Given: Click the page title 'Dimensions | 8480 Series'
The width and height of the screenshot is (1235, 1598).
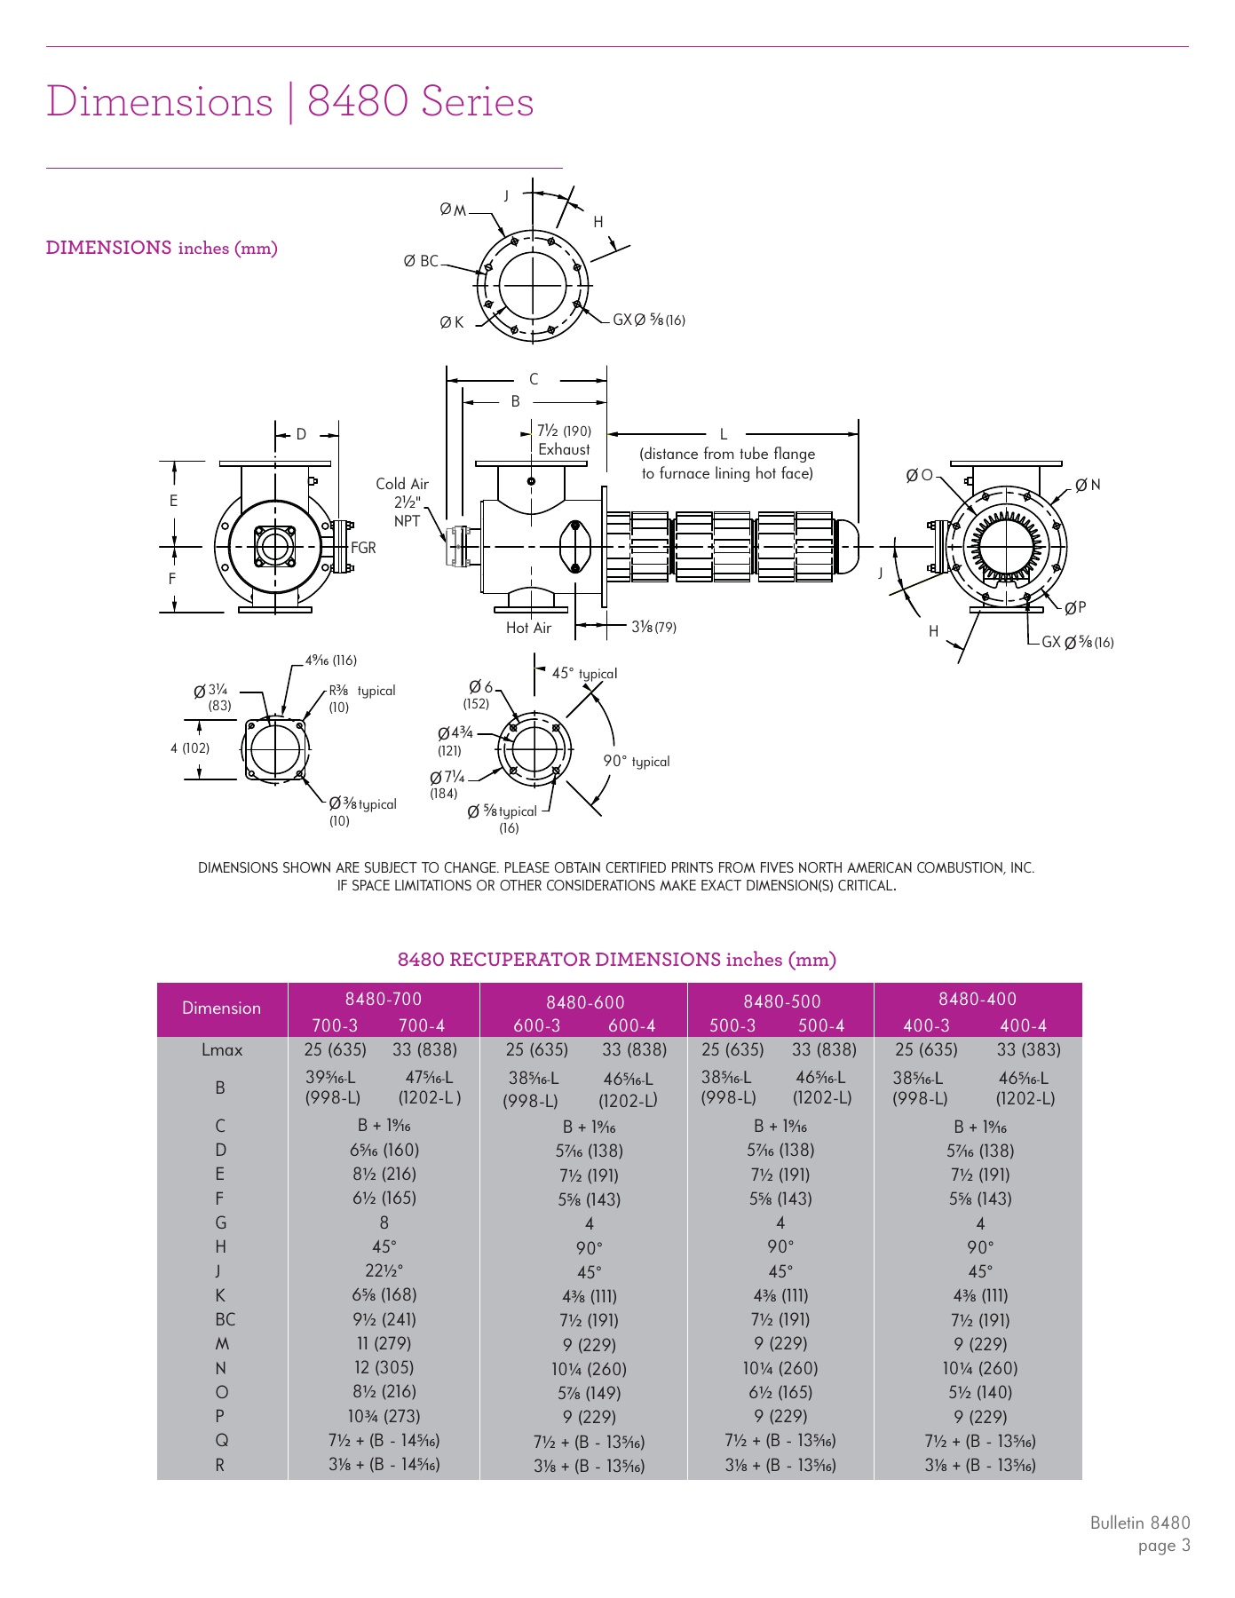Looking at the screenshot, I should tap(289, 101).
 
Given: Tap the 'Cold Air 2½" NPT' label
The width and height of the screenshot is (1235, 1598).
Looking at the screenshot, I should tap(402, 502).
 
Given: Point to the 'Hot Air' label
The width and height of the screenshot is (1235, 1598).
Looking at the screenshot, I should tap(528, 628).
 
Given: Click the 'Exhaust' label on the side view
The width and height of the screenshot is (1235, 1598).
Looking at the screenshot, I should tap(564, 449).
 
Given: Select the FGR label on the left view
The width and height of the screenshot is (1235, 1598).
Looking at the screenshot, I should tap(363, 548).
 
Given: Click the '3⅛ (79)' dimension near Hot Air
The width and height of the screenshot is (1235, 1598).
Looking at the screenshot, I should tap(653, 627).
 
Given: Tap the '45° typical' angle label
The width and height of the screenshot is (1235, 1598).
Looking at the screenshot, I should tap(584, 674).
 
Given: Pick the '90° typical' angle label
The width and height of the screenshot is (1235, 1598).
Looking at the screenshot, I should tap(636, 762).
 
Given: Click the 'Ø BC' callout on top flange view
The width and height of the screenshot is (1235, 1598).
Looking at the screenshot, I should tap(421, 261).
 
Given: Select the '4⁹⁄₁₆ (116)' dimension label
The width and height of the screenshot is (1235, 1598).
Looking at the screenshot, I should tap(330, 661).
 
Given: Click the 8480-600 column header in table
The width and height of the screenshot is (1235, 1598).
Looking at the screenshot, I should tap(584, 1002).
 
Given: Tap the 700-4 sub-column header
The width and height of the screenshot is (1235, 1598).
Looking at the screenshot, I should tap(421, 1025).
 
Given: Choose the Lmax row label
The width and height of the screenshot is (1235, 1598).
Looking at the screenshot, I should tap(222, 1050).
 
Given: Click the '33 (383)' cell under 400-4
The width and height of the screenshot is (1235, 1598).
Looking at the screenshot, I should tap(1026, 1050).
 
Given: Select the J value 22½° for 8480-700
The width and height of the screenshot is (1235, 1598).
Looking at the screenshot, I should tap(384, 1270).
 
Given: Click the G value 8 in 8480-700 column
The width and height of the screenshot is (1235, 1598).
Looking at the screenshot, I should tap(384, 1222).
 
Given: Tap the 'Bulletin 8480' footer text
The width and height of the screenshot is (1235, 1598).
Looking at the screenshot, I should tap(1139, 1523).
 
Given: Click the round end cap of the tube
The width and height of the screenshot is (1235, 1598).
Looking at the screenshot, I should tap(850, 546).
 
